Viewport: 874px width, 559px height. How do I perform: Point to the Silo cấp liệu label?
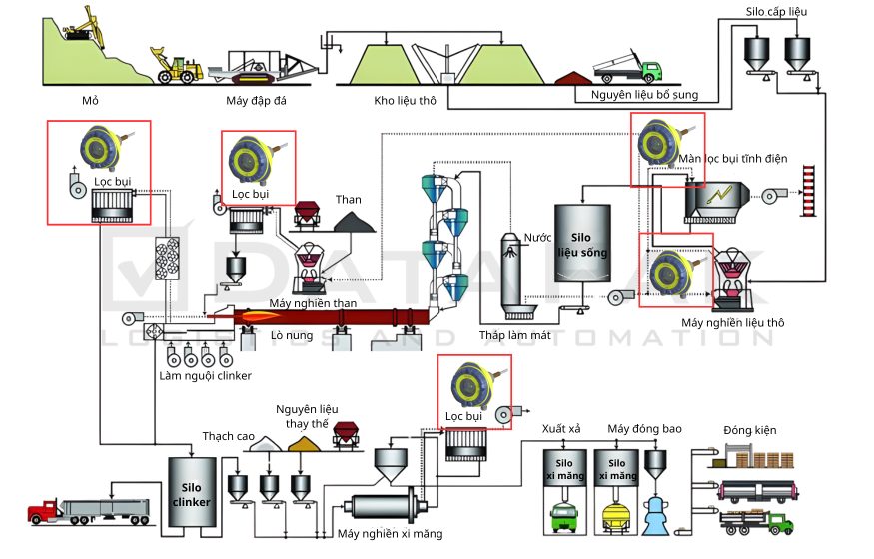pos(776,11)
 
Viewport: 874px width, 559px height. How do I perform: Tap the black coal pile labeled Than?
pos(355,223)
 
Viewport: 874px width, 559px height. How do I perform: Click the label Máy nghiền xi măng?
pos(391,534)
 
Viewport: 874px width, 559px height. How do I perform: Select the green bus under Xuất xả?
pos(564,517)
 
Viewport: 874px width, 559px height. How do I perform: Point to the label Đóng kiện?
pos(750,430)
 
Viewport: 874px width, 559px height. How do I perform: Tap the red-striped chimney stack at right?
pos(810,193)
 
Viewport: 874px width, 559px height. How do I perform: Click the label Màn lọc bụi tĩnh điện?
pos(734,159)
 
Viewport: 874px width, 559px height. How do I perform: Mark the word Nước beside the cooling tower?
pos(539,237)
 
